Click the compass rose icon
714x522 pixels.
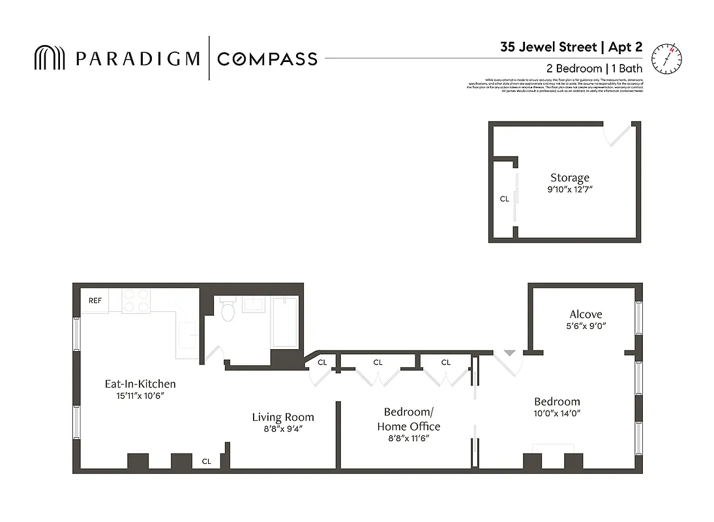click(x=666, y=57)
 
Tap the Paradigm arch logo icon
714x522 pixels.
click(x=50, y=58)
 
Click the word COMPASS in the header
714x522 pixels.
click(x=267, y=59)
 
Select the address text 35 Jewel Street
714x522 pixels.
click(x=548, y=47)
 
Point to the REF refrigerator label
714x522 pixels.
click(x=95, y=301)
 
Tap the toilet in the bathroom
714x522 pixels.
click(x=228, y=311)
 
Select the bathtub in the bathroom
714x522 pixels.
click(x=285, y=322)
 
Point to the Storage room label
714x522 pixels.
click(x=569, y=177)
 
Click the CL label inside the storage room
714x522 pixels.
click(x=504, y=199)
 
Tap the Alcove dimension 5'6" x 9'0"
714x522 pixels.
click(x=586, y=326)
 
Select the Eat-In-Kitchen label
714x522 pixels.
click(x=140, y=384)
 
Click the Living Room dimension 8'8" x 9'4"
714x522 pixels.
click(x=283, y=429)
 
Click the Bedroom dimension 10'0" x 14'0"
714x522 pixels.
click(x=557, y=413)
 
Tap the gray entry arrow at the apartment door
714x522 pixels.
click(x=509, y=353)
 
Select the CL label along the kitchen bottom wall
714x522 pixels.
click(x=206, y=461)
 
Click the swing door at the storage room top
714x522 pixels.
click(x=618, y=134)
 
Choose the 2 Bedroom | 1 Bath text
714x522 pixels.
click(x=594, y=69)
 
